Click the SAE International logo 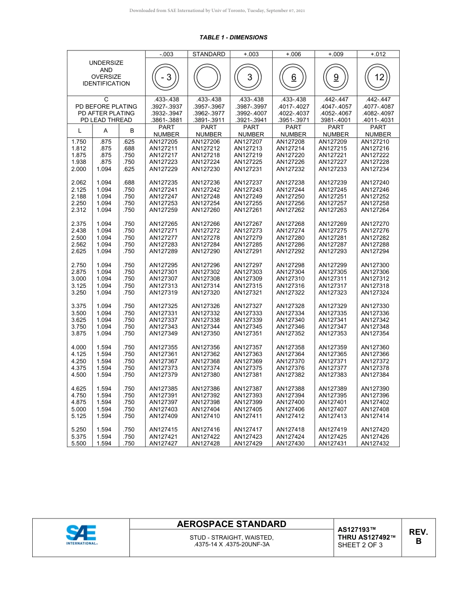(x=81, y=535)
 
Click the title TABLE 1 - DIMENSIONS (x=233, y=37)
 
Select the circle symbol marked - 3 (x=166, y=77)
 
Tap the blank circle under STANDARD (x=208, y=77)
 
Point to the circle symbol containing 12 (x=378, y=77)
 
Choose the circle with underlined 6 (x=293, y=77)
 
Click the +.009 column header (x=335, y=54)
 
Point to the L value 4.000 (x=78, y=347)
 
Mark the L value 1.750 (x=78, y=142)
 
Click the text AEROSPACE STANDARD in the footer (x=231, y=524)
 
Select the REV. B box (x=418, y=537)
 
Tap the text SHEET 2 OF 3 (x=360, y=545)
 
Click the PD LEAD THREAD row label (x=106, y=120)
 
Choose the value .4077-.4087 (x=378, y=107)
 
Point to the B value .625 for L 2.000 (x=128, y=169)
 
